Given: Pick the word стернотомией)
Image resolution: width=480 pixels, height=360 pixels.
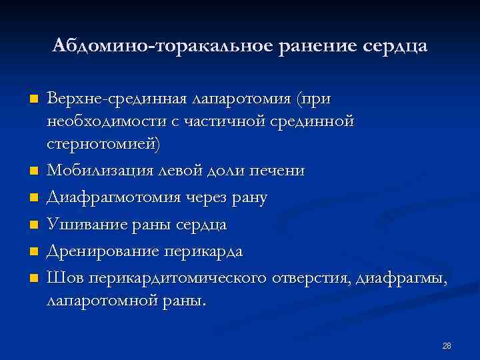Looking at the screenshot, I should click(x=103, y=143).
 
